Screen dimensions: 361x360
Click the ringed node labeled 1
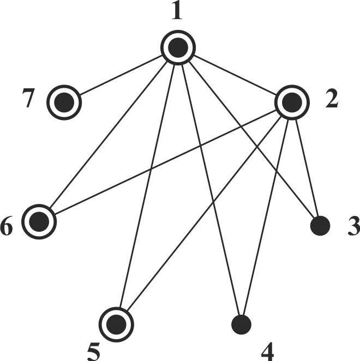pyautogui.click(x=177, y=48)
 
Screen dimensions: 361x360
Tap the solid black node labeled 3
pyautogui.click(x=320, y=225)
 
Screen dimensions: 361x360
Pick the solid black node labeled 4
pyautogui.click(x=241, y=324)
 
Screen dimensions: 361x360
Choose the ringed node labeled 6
pyautogui.click(x=40, y=222)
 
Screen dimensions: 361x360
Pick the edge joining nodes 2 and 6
pyautogui.click(x=164, y=163)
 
